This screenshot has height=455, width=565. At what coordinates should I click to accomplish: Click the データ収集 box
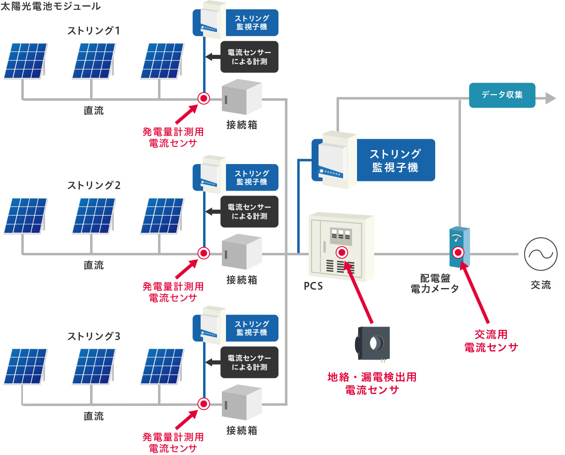502,95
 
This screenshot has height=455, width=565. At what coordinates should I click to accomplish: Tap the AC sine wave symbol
540,254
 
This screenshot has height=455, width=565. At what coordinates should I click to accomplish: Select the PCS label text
313,286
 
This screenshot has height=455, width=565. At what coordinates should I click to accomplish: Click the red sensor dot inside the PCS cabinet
342,252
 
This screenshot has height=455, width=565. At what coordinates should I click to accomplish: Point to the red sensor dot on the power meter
458,252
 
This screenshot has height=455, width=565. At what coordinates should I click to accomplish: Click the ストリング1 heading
94,31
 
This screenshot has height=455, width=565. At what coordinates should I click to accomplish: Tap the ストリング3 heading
94,336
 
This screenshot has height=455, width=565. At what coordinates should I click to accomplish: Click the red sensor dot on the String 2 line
203,253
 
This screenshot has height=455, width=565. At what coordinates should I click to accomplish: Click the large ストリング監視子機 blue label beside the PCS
395,160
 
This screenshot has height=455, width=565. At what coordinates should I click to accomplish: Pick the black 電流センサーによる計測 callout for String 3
249,363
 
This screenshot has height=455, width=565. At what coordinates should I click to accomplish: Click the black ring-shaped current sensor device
373,344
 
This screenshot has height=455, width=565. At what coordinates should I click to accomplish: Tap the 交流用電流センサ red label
491,341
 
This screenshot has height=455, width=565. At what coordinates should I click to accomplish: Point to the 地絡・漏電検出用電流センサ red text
372,383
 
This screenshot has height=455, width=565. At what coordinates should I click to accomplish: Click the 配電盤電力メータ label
435,284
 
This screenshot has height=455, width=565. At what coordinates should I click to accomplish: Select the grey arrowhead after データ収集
550,98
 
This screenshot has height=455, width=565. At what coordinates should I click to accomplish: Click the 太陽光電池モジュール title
50,6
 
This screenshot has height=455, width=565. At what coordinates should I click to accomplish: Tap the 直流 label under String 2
94,265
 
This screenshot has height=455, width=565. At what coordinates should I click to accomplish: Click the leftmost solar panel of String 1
25,61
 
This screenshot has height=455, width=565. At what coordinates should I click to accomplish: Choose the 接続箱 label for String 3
242,430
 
